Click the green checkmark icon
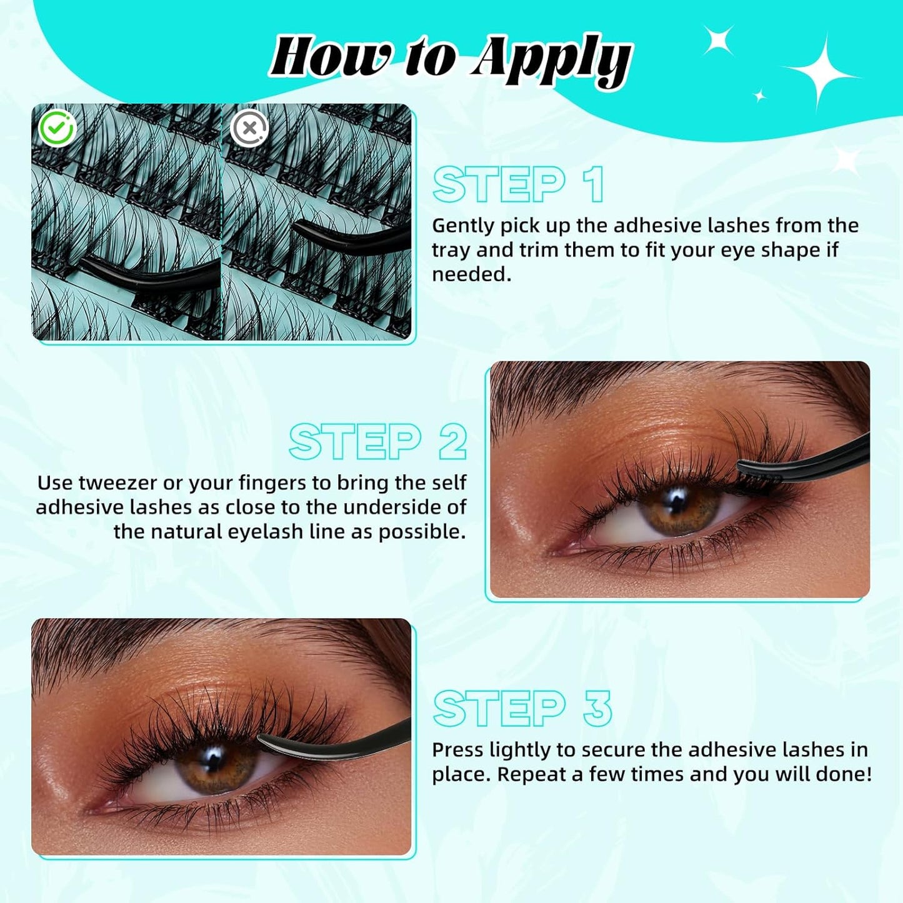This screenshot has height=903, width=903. click(57, 129)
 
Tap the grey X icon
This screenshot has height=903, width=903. click(249, 129)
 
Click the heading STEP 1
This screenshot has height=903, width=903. click(518, 185)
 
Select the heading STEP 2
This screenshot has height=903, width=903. click(377, 442)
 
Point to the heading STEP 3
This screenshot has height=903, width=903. click(522, 709)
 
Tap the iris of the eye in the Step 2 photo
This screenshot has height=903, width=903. click(678, 508)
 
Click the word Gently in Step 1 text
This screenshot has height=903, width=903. click(462, 226)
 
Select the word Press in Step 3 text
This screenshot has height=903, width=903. click(457, 750)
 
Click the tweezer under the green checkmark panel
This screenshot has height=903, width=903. click(150, 272)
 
